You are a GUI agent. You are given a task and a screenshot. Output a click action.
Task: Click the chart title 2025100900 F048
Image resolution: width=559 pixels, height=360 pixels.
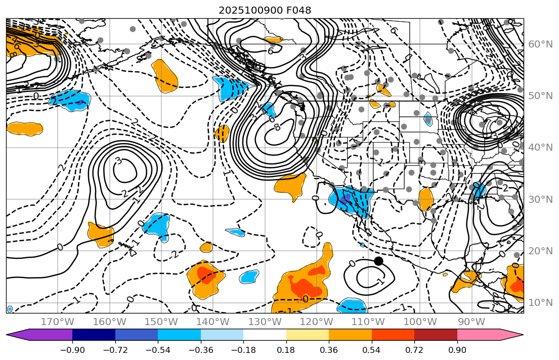tap(265, 10)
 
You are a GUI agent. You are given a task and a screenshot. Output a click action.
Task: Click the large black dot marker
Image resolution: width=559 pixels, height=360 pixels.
tap(378, 261)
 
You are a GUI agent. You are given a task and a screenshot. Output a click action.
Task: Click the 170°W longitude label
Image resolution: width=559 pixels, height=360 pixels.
tap(57, 322)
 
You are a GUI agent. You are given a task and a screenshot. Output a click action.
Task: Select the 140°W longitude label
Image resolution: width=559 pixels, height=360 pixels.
tap(212, 322)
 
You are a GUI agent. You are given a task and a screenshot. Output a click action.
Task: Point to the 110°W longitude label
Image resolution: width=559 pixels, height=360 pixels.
tap(368, 322)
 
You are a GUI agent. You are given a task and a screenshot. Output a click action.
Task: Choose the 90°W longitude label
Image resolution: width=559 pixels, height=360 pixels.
tap(471, 322)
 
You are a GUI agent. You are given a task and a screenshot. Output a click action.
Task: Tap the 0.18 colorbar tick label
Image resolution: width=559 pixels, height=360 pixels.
tap(286, 350)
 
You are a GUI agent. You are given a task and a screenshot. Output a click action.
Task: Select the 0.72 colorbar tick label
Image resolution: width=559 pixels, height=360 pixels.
tap(414, 350)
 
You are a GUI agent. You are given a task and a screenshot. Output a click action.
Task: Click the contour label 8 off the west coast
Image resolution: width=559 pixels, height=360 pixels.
tap(277, 126)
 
